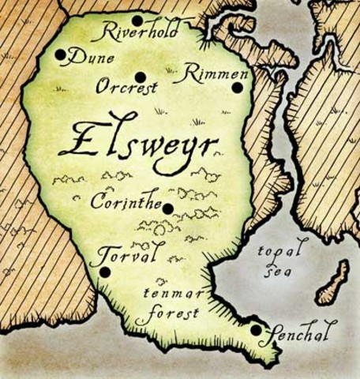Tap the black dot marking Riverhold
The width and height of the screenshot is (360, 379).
pyautogui.click(x=137, y=21)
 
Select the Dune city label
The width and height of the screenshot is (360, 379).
pyautogui.click(x=92, y=58)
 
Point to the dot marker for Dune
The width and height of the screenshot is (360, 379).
pyautogui.click(x=61, y=54)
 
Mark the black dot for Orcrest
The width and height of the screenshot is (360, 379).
pyautogui.click(x=140, y=77)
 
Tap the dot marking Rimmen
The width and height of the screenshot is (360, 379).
pyautogui.click(x=236, y=88)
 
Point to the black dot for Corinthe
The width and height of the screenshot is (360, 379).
pyautogui.click(x=167, y=208)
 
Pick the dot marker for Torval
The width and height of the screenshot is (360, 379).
pyautogui.click(x=105, y=272)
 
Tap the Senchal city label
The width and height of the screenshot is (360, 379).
pyautogui.click(x=301, y=326)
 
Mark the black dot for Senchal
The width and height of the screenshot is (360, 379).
pyautogui.click(x=256, y=331)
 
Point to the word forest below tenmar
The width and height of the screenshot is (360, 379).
pyautogui.click(x=167, y=313)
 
